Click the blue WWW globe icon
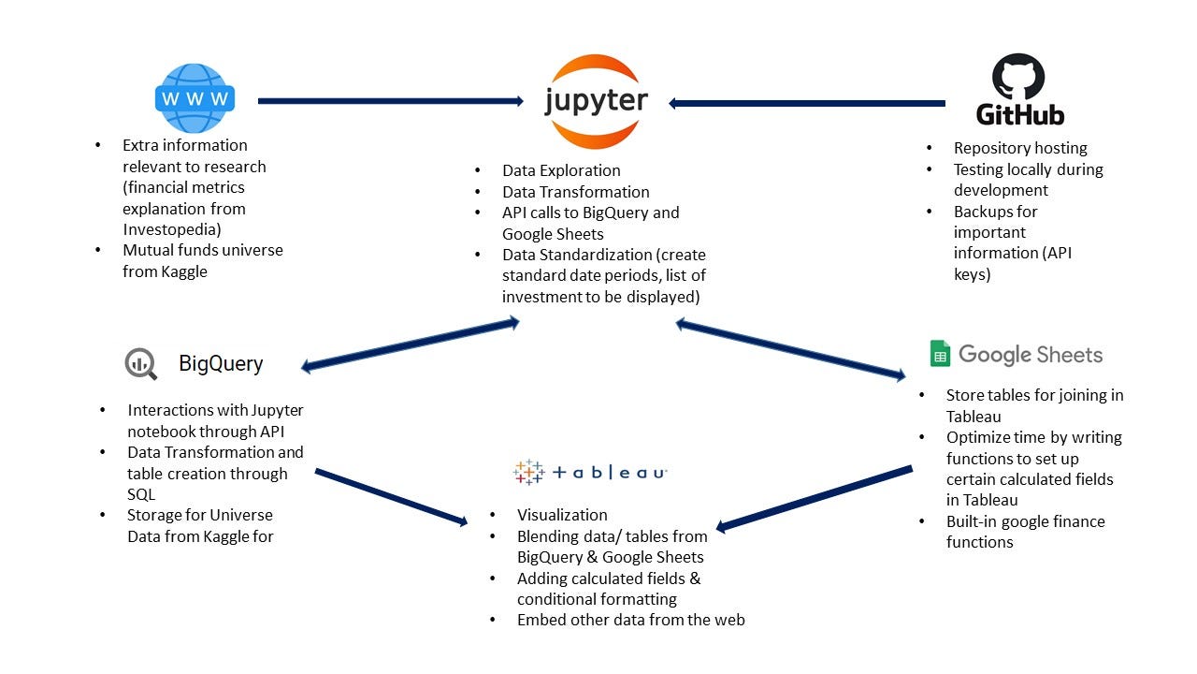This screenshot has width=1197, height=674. (195, 98)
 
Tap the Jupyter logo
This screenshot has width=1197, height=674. (596, 101)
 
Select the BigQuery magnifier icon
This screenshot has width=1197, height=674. (141, 363)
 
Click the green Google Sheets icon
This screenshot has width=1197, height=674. (940, 354)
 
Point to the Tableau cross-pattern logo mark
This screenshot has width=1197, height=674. (528, 471)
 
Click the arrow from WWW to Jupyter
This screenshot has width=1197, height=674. (390, 101)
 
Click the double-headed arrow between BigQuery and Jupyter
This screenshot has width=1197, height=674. (410, 344)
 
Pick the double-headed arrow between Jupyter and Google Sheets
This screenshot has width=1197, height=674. (791, 349)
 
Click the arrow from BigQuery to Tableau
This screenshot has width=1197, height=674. (391, 497)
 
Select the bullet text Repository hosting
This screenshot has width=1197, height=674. (1020, 148)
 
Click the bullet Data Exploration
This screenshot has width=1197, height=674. (561, 170)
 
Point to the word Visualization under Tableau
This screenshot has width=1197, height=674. (562, 515)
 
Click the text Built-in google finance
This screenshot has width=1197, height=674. (1025, 521)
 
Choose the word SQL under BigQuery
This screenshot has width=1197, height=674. (141, 494)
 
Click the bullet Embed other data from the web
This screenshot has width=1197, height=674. (630, 620)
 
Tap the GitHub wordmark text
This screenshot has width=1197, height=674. (1020, 115)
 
